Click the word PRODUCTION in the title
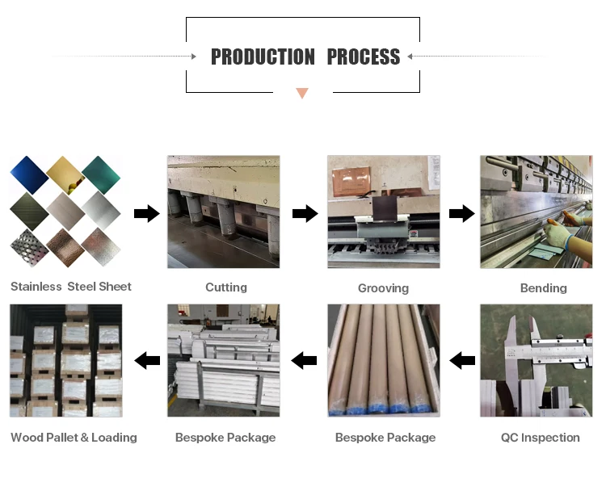(263, 57)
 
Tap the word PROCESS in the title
(364, 57)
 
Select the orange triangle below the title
(302, 94)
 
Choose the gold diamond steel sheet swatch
(65, 175)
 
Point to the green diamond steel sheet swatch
(101, 175)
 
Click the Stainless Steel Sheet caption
(71, 287)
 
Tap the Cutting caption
(226, 287)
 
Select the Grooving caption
(383, 288)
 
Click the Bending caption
(543, 288)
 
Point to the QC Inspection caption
(540, 438)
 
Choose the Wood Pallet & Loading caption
(74, 438)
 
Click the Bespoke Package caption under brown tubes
(385, 438)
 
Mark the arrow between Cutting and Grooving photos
(305, 213)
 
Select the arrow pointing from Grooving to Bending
(461, 213)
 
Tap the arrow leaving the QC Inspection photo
(462, 360)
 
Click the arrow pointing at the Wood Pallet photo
(147, 360)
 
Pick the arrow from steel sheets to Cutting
(146, 213)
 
